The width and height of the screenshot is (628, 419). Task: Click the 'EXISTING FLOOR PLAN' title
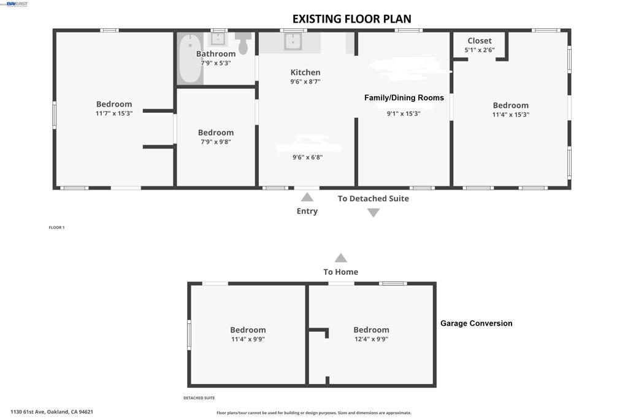pyautogui.click(x=351, y=19)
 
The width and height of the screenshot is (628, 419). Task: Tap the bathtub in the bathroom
pyautogui.click(x=190, y=58)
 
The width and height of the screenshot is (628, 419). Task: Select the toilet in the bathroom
pyautogui.click(x=243, y=44)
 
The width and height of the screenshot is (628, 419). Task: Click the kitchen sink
pyautogui.click(x=293, y=41)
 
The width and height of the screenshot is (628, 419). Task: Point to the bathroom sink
pyautogui.click(x=218, y=39)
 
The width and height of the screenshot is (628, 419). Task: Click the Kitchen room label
pyautogui.click(x=305, y=72)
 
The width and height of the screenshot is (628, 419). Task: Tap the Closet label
pyautogui.click(x=480, y=41)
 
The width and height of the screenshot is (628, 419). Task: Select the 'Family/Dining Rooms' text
pyautogui.click(x=404, y=98)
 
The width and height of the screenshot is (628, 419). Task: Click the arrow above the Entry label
pyautogui.click(x=307, y=197)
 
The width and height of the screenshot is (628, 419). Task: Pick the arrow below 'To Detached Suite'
pyautogui.click(x=373, y=213)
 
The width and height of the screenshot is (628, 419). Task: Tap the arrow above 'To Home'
pyautogui.click(x=341, y=258)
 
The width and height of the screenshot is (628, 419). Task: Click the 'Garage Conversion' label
pyautogui.click(x=476, y=323)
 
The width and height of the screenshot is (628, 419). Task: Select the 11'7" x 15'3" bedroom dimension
pyautogui.click(x=114, y=113)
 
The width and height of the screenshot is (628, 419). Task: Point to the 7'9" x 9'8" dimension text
pyautogui.click(x=216, y=142)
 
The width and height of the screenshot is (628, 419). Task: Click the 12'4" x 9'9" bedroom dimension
pyautogui.click(x=371, y=339)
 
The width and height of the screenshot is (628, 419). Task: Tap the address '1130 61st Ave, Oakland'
pyautogui.click(x=52, y=412)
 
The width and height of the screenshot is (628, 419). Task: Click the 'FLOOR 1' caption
pyautogui.click(x=56, y=228)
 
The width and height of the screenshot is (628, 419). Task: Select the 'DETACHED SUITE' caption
pyautogui.click(x=199, y=398)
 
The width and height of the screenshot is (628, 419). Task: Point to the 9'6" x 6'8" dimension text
pyautogui.click(x=308, y=158)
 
